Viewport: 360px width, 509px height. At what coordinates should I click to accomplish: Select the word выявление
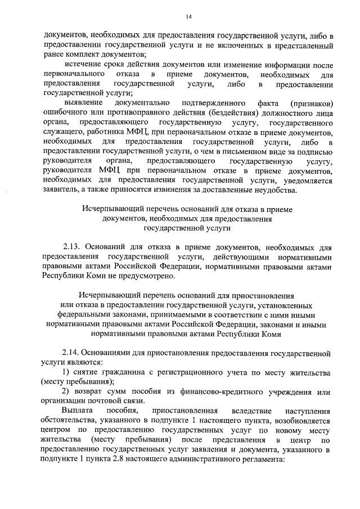pyautogui.click(x=84, y=103)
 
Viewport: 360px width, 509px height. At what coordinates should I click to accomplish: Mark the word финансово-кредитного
pyautogui.click(x=228, y=391)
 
